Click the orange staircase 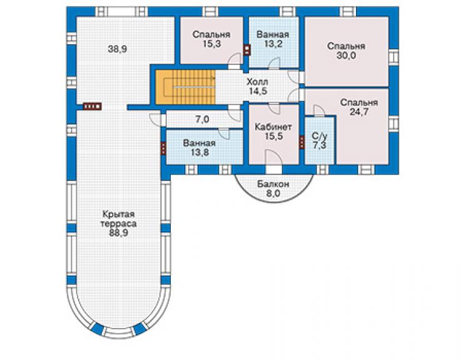[185, 87]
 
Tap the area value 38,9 [117, 49]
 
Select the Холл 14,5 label [258, 86]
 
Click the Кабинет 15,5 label [273, 131]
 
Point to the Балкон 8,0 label [273, 189]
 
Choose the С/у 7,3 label [320, 141]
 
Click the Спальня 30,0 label [347, 51]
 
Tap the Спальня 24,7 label [359, 107]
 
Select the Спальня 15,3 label [211, 39]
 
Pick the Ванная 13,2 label [273, 39]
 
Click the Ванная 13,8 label [199, 148]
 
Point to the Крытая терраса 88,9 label [118, 223]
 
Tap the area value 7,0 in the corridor [202, 120]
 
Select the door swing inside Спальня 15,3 [235, 59]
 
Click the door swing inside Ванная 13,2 [274, 63]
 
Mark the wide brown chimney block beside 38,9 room [92, 106]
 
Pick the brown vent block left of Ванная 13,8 [163, 148]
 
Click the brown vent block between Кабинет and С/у [302, 142]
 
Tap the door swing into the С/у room [319, 111]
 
